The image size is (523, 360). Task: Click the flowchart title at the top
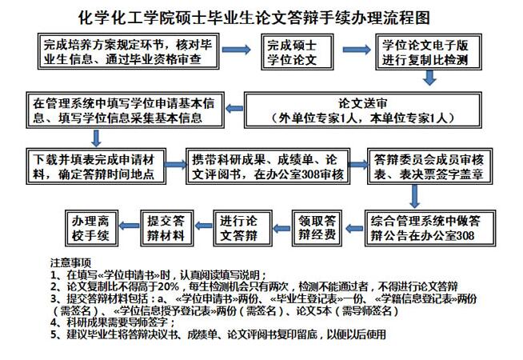click(254, 18)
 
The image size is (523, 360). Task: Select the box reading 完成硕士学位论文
click(297, 52)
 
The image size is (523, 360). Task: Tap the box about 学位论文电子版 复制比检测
click(429, 52)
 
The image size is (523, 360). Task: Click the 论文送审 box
click(363, 110)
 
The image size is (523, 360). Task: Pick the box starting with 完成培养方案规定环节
click(129, 51)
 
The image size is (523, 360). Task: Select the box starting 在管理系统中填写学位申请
click(125, 110)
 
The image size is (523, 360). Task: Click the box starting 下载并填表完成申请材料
click(96, 166)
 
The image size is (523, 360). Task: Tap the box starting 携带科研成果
click(268, 166)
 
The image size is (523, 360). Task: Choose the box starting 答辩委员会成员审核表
click(430, 166)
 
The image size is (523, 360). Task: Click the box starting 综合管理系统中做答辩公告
click(430, 228)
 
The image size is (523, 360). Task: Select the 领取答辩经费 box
click(317, 228)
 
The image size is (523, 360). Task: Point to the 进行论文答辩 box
click(243, 228)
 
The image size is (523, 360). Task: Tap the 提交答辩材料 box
click(167, 228)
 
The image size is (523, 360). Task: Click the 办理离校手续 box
click(91, 228)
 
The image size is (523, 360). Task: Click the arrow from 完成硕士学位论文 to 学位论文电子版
click(356, 50)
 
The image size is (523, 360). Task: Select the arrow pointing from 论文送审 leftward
click(234, 109)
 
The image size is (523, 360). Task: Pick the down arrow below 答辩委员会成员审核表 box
click(414, 197)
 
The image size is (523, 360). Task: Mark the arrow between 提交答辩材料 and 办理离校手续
click(129, 226)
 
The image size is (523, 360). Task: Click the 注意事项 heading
click(70, 263)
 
